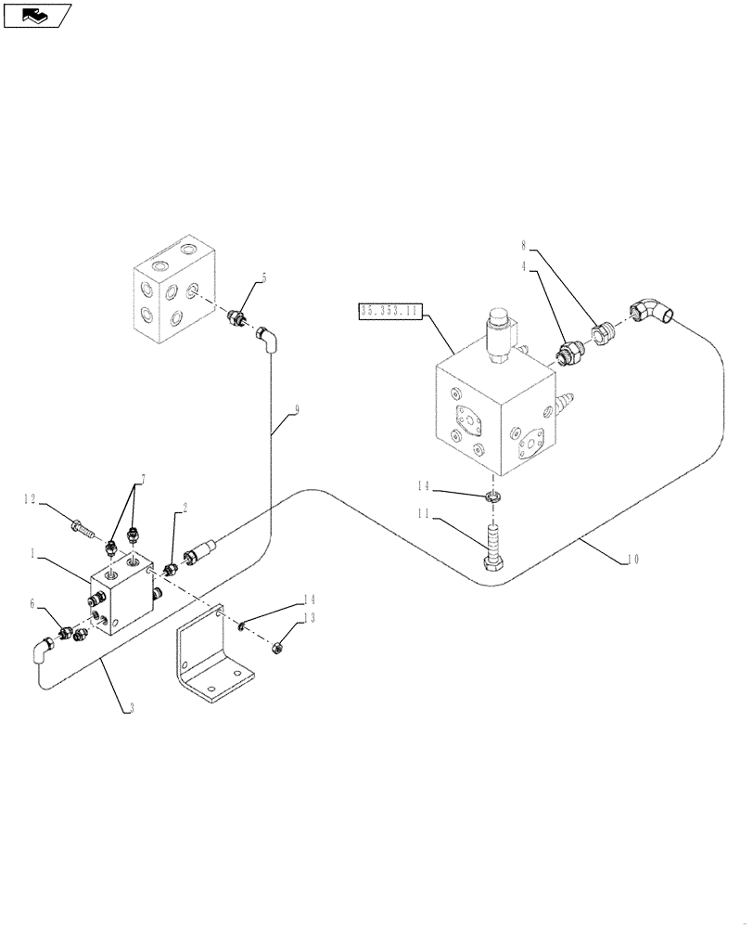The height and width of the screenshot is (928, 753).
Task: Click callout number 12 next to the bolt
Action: point(31,500)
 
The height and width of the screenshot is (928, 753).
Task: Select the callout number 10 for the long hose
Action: point(632,559)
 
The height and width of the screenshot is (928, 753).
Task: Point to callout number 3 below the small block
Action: point(131,708)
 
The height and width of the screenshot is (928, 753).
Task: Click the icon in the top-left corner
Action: point(37,14)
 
